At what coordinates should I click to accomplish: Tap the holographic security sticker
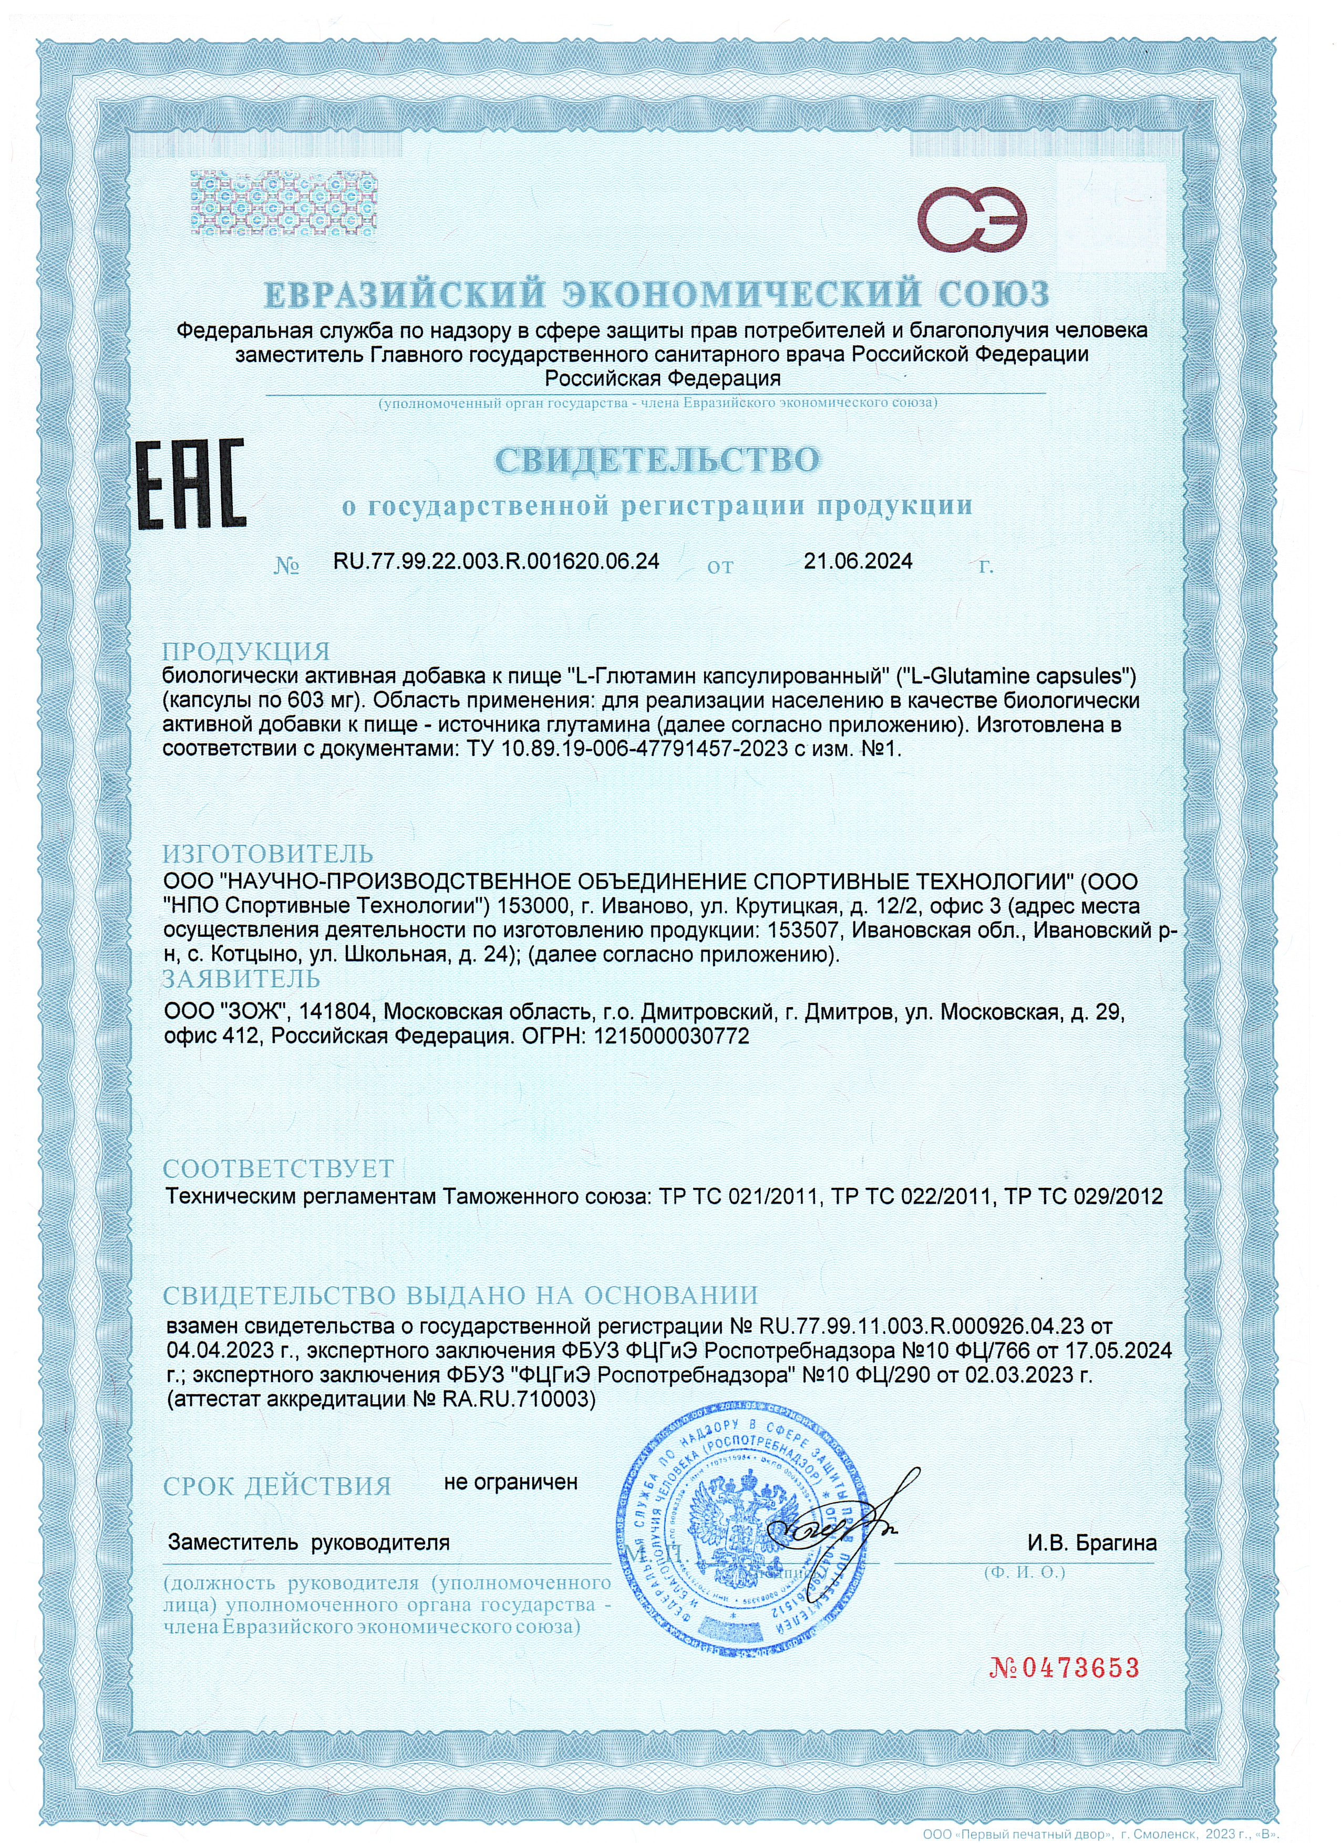point(284,203)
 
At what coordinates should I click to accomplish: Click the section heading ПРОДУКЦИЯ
point(246,651)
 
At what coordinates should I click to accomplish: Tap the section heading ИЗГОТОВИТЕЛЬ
point(268,854)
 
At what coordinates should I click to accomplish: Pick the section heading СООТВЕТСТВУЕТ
point(278,1168)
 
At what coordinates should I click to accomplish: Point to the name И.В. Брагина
point(1091,1542)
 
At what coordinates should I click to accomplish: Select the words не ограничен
point(510,1482)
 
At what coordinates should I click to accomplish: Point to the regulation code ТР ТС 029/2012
point(1084,1196)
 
